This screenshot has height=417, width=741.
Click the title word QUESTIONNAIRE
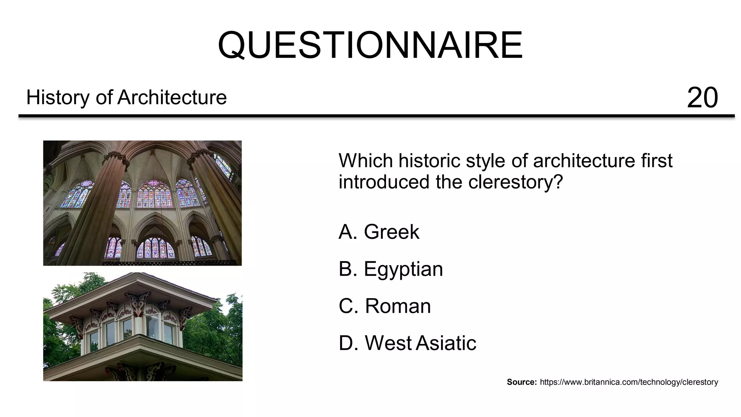[x=370, y=45]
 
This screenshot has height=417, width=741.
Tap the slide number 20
[x=702, y=98]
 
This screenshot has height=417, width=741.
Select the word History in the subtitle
[x=58, y=98]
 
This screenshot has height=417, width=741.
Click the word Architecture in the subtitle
[x=172, y=98]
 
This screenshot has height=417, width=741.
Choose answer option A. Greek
[x=379, y=232]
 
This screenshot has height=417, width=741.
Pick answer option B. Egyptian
[x=391, y=269]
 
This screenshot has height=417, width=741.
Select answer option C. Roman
[x=385, y=306]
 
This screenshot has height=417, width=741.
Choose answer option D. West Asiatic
[x=407, y=343]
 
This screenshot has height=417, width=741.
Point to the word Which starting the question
[x=366, y=161]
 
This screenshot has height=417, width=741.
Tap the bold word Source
[x=521, y=382]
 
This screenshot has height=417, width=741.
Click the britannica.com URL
[x=629, y=382]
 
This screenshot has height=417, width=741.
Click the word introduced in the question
[x=385, y=182]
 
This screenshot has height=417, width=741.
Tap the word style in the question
[x=486, y=161]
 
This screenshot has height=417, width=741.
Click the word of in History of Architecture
[x=103, y=98]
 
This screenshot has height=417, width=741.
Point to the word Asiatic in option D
[x=446, y=343]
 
